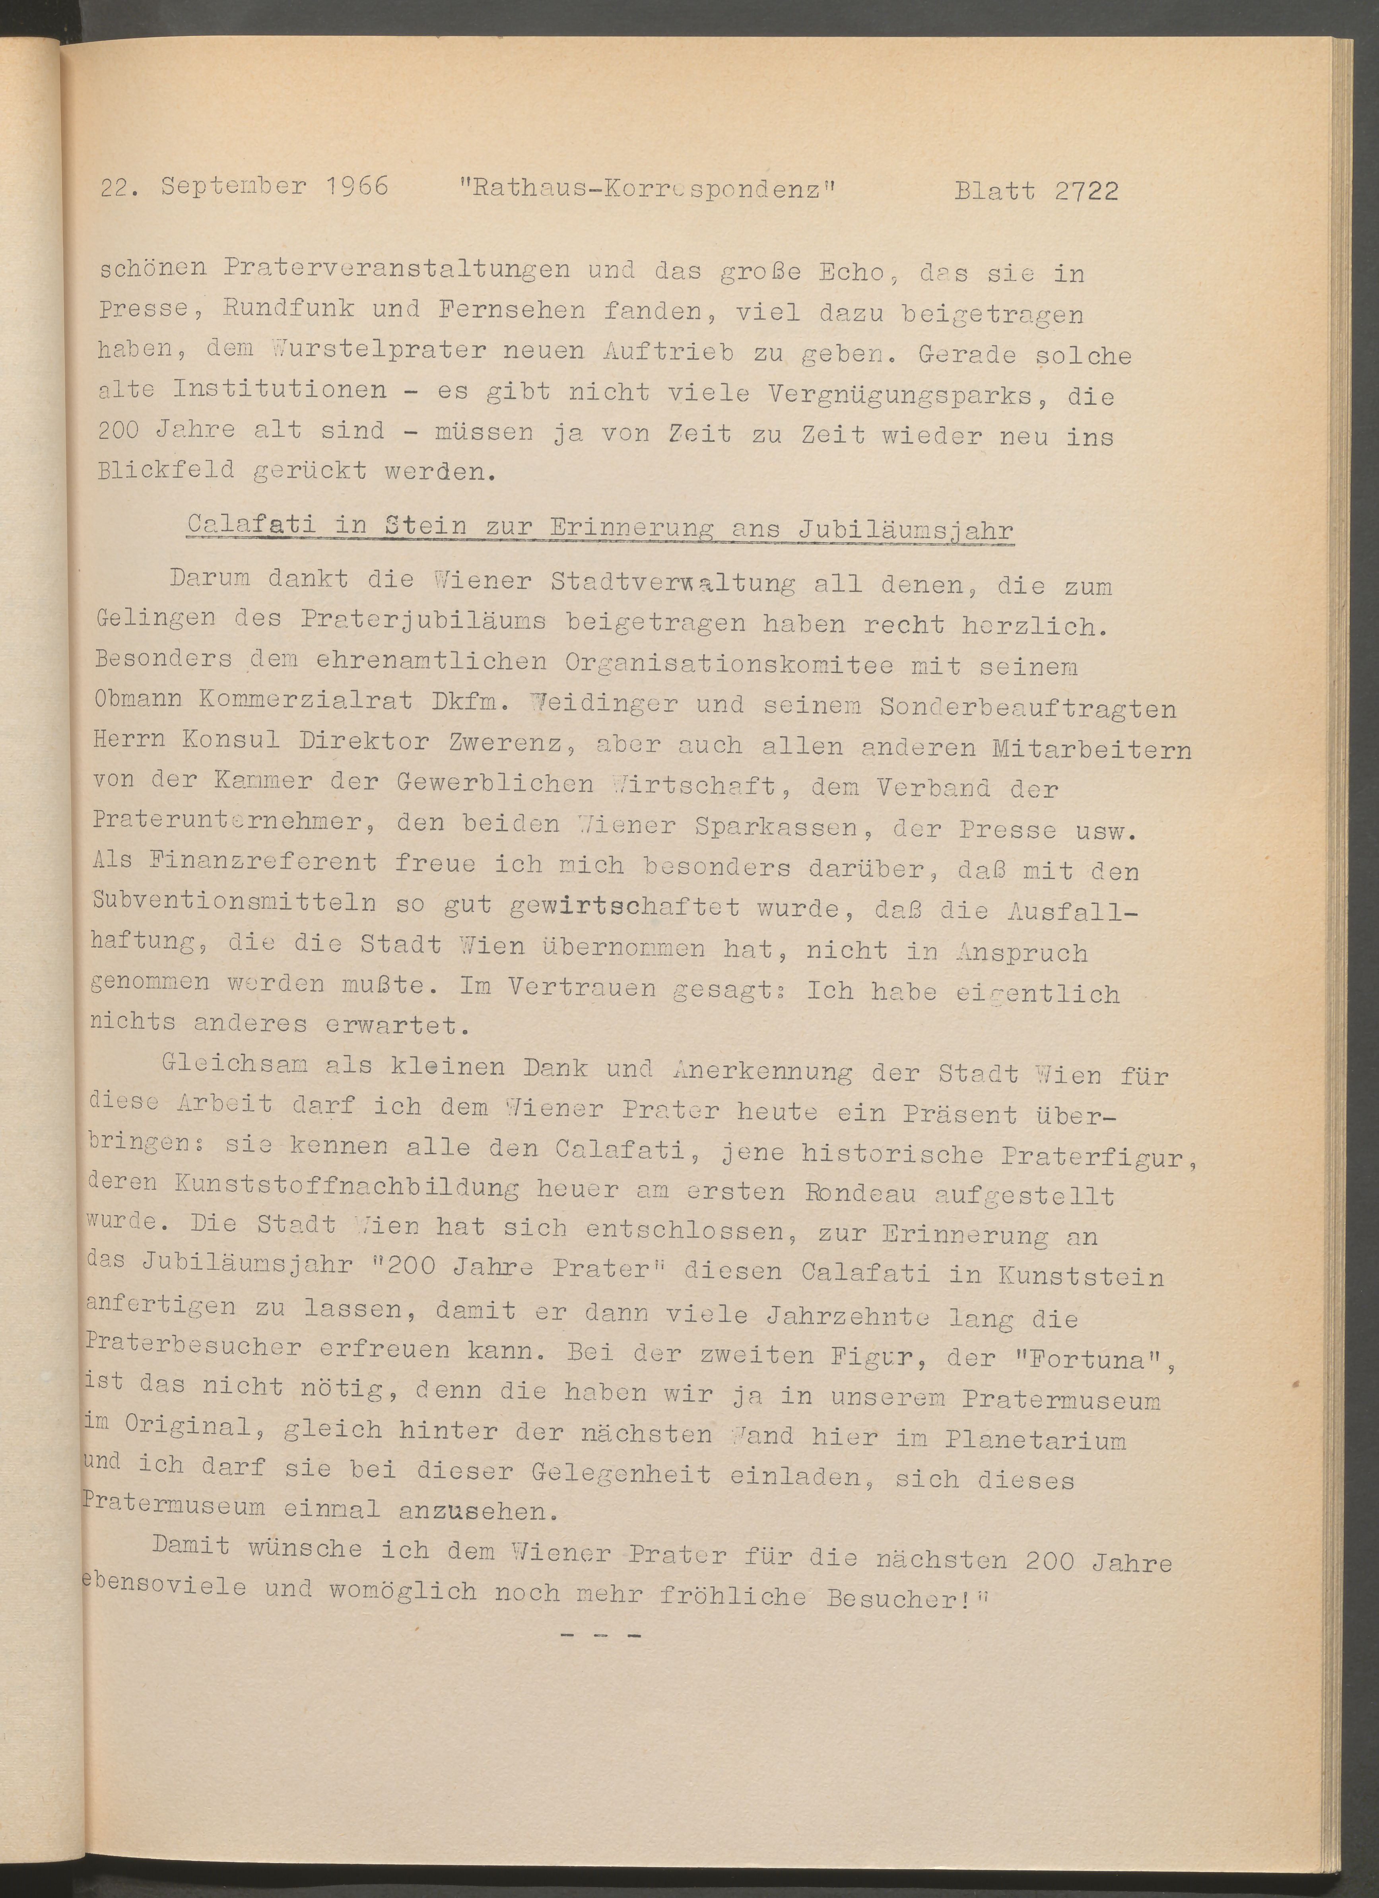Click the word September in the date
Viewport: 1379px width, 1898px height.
click(233, 186)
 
